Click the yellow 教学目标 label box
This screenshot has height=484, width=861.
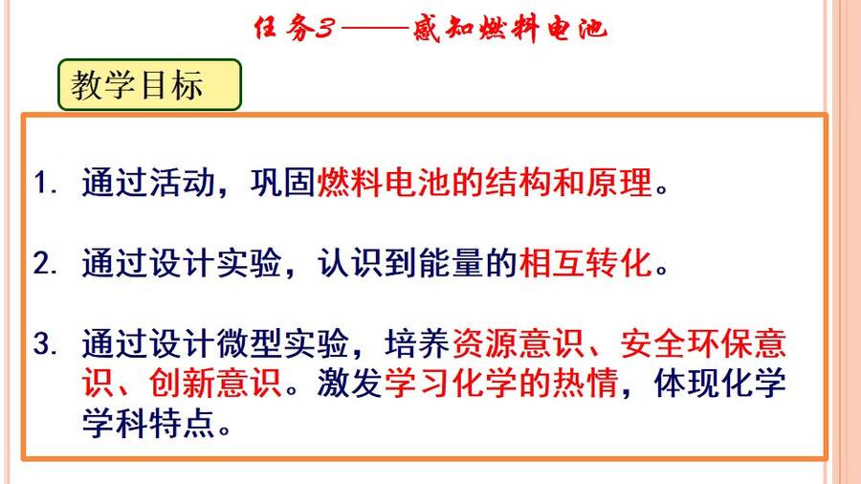[149, 84]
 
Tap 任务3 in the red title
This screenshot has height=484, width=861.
[294, 28]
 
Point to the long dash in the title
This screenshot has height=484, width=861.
[375, 28]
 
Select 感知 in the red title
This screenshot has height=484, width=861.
[444, 28]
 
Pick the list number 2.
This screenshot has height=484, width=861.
[45, 263]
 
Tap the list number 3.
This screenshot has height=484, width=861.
[45, 344]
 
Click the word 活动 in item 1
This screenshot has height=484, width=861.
[183, 182]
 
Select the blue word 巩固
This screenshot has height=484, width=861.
[283, 182]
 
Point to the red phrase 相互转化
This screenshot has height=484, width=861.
[585, 263]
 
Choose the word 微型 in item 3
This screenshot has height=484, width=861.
[250, 344]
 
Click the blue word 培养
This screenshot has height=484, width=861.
[418, 344]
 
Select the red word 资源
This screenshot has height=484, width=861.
[485, 344]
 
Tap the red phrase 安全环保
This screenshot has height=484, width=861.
[687, 344]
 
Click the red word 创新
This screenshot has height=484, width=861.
[183, 383]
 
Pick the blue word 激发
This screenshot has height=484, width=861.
[350, 383]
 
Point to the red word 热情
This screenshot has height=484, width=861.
[585, 383]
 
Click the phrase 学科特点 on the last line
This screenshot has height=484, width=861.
[148, 423]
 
